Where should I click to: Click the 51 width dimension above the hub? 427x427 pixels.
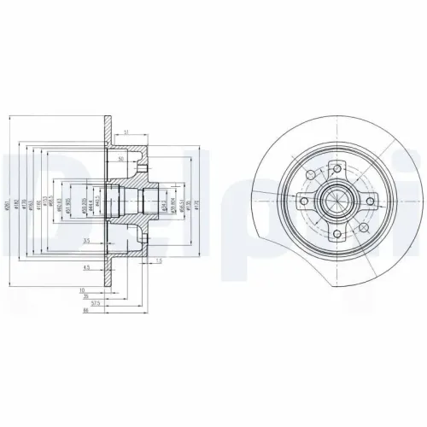point(126,132)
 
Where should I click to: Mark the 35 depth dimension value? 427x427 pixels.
point(86,295)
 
